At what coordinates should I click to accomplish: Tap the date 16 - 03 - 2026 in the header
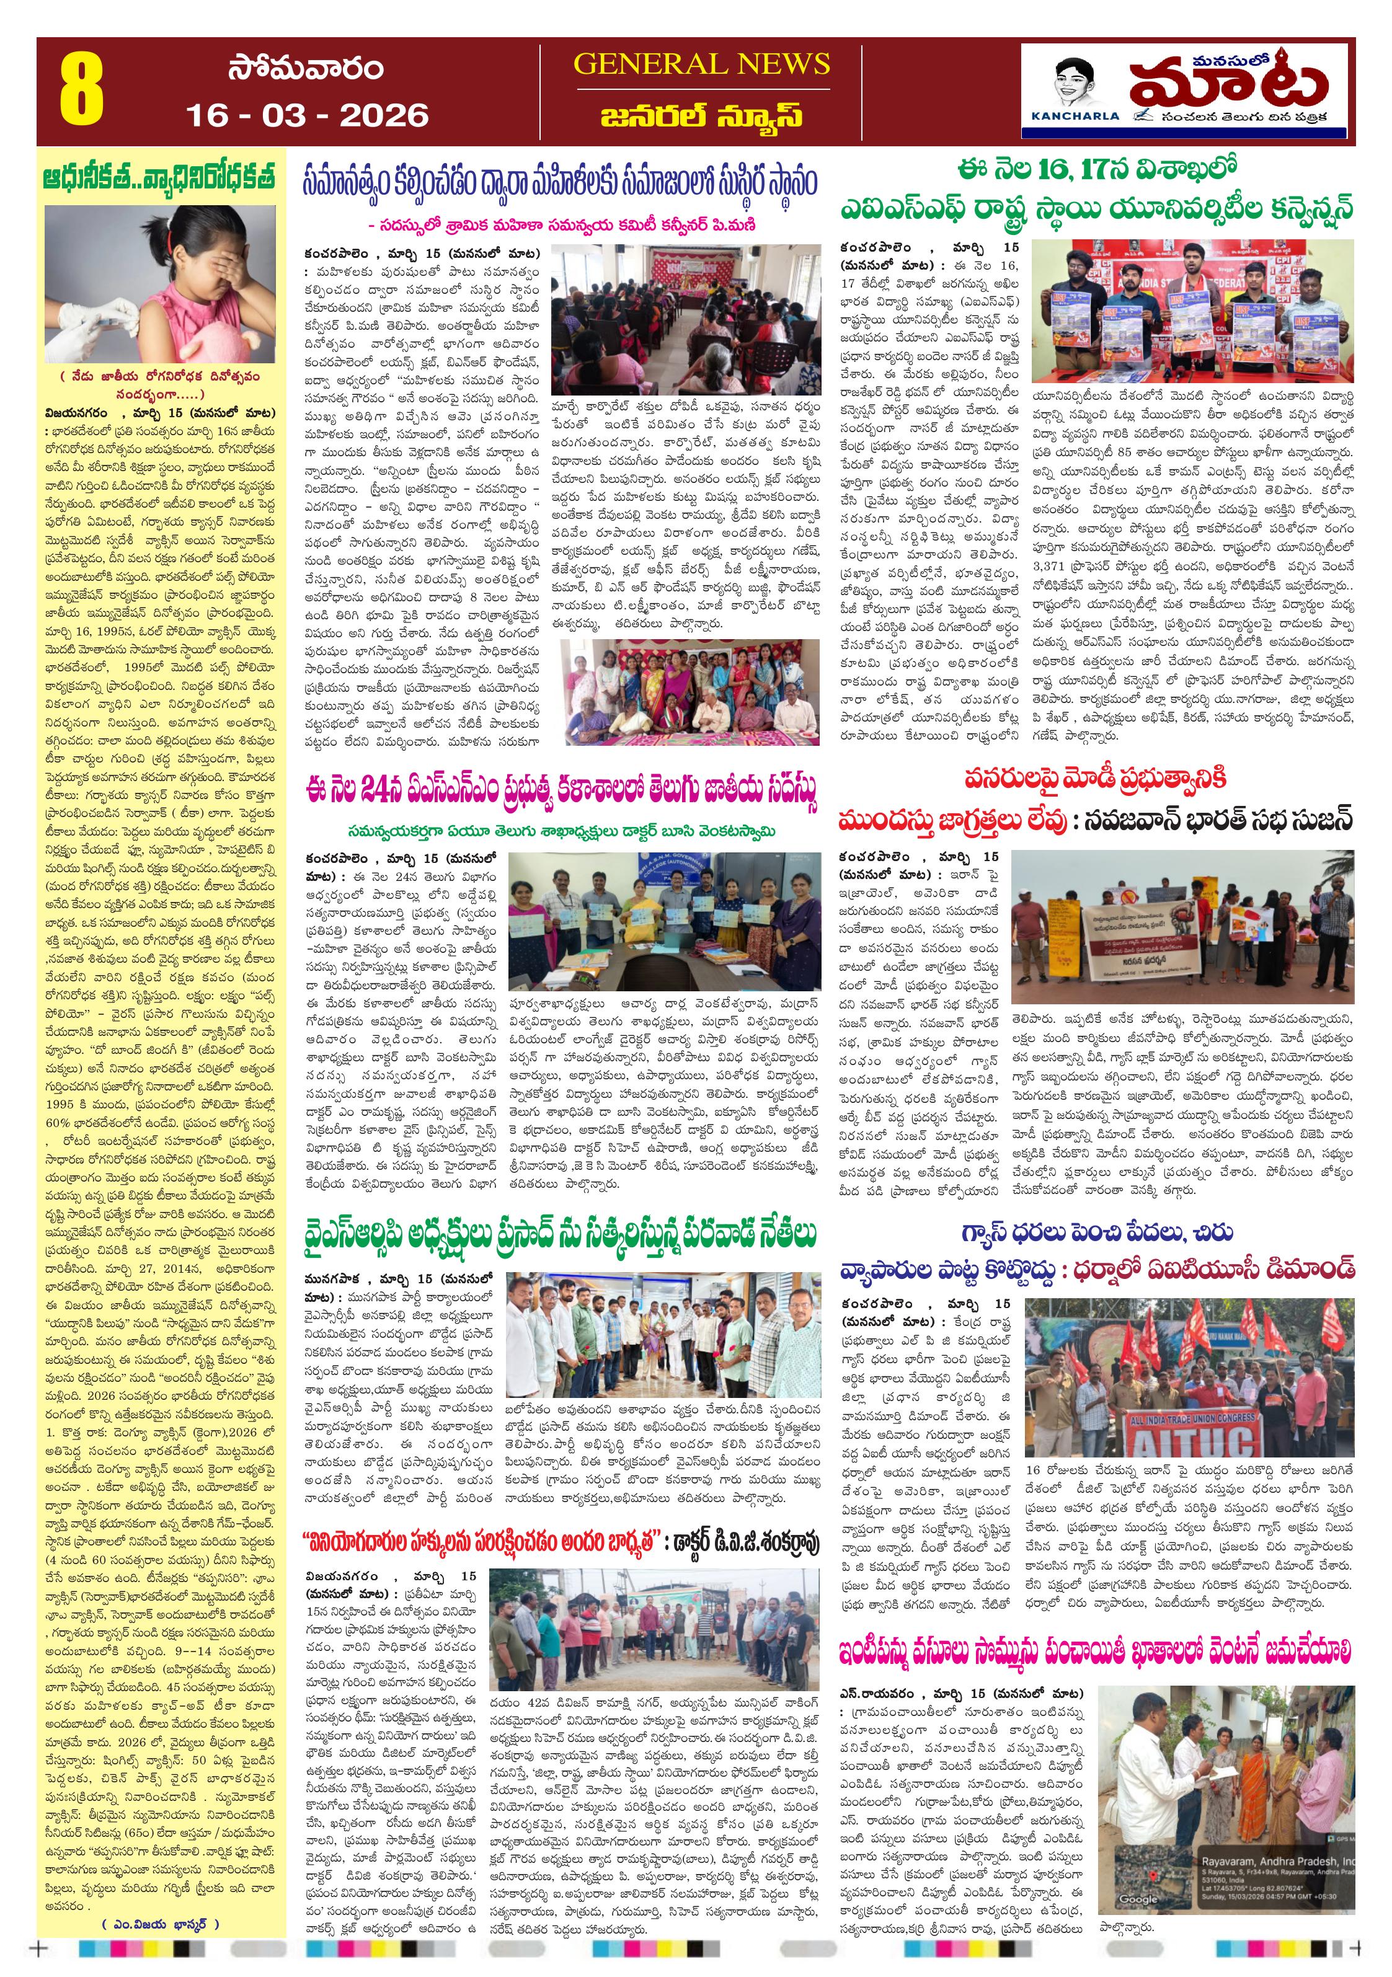pos(307,115)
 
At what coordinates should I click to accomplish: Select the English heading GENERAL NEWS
pos(701,64)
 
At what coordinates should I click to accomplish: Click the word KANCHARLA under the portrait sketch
pos(1075,115)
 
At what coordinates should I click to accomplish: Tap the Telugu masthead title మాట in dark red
pos(1228,84)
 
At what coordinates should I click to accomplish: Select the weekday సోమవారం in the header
pos(306,69)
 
